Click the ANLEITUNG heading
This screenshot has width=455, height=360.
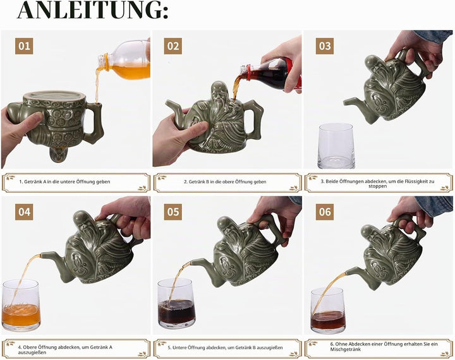click(92, 10)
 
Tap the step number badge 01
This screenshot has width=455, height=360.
click(24, 46)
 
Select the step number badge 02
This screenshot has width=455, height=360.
click(173, 46)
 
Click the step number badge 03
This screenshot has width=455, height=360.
click(325, 46)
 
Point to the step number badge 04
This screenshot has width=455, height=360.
click(24, 212)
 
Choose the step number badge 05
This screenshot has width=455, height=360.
click(173, 212)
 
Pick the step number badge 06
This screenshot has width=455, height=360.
click(325, 212)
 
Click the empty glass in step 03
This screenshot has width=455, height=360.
click(336, 146)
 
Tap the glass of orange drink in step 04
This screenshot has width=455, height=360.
click(21, 305)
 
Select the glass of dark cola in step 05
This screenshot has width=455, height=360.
click(176, 303)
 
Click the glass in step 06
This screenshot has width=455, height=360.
click(328, 311)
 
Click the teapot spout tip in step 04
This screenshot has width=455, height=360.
click(42, 255)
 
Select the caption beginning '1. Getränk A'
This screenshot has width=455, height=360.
click(64, 182)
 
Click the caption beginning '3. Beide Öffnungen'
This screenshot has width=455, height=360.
click(377, 184)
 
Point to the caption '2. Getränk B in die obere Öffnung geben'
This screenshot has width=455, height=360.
click(225, 182)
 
